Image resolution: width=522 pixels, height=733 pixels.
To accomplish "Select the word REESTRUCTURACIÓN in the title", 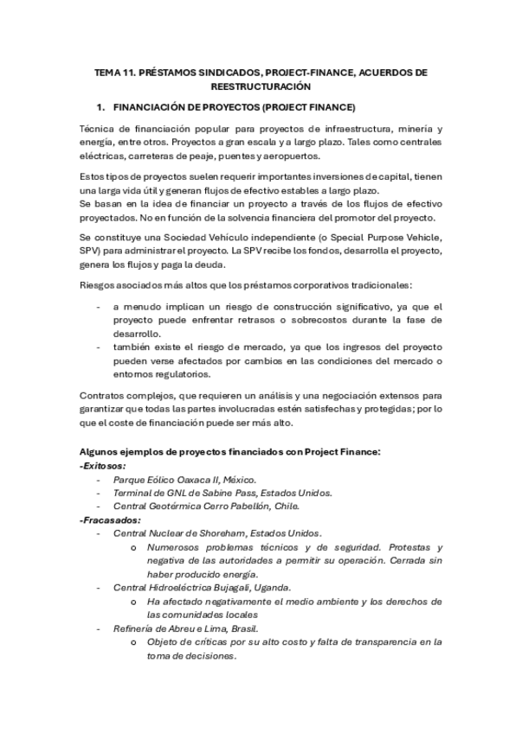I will click(x=261, y=87).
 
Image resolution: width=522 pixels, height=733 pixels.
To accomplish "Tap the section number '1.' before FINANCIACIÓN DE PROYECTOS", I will click(x=100, y=107).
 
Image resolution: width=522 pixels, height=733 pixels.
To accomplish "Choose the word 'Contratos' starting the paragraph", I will click(x=100, y=396).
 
